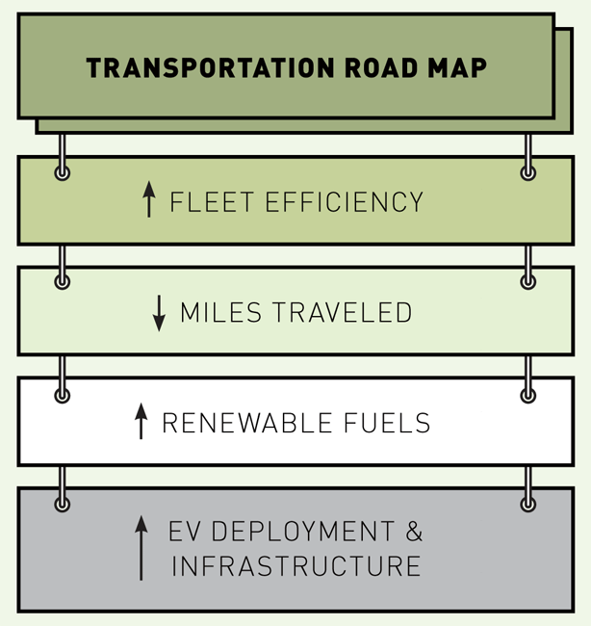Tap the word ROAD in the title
pyautogui.click(x=373, y=68)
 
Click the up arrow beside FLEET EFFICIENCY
pyautogui.click(x=148, y=200)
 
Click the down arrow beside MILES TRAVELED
pyautogui.click(x=160, y=313)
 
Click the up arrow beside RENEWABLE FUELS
pyautogui.click(x=141, y=422)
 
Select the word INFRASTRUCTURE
pyautogui.click(x=296, y=565)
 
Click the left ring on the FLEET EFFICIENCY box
pyautogui.click(x=63, y=172)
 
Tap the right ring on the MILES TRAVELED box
pyautogui.click(x=527, y=282)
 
